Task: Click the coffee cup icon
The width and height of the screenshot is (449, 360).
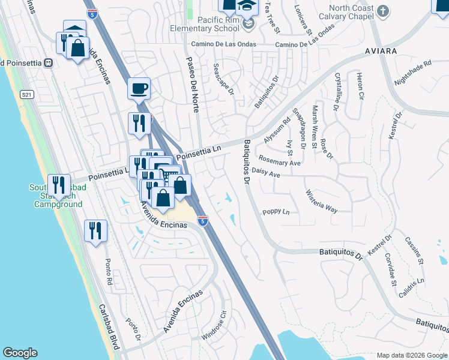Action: tap(139, 89)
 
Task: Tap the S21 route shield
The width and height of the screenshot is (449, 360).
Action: tap(26, 95)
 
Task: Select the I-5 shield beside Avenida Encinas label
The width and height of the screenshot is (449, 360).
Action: tap(203, 221)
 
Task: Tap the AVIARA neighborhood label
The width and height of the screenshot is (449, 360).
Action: tap(381, 52)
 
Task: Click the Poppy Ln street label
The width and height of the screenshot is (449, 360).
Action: tap(276, 212)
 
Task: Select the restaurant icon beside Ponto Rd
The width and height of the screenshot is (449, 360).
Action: tap(95, 230)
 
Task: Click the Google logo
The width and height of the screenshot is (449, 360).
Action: tap(20, 353)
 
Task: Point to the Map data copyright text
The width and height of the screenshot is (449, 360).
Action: tap(411, 355)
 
